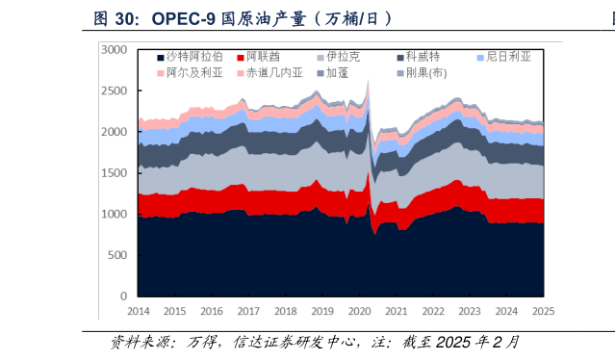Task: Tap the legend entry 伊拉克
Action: (x=343, y=57)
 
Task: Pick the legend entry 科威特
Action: (x=423, y=57)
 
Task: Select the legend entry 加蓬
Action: (x=337, y=73)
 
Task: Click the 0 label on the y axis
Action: (x=122, y=296)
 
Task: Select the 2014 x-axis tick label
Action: (x=138, y=311)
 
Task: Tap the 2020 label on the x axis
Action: (x=359, y=311)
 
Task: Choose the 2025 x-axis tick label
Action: (x=543, y=311)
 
